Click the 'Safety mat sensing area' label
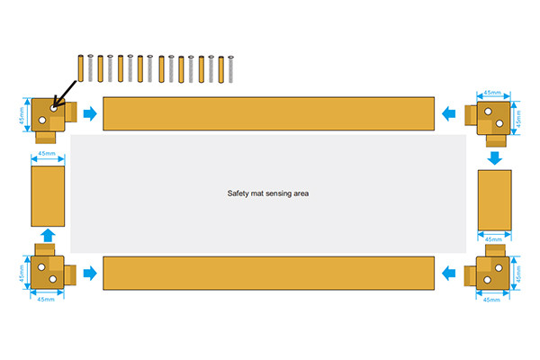point(268,193)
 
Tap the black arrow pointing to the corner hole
point(65,94)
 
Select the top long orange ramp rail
point(268,113)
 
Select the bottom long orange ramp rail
point(268,274)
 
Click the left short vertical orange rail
point(48,196)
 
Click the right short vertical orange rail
point(494,200)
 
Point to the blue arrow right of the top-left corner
point(90,113)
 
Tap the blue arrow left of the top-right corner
point(448,113)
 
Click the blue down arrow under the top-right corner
point(494,158)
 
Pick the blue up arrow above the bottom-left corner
point(48,235)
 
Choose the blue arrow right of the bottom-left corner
point(90,274)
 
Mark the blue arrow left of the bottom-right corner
point(448,274)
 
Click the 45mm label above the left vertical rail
point(47,153)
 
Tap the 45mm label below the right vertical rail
point(493,239)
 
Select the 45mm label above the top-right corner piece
point(492,93)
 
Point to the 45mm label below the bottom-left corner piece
point(46,300)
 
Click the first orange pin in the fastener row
point(81,68)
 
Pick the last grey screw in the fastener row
point(230,69)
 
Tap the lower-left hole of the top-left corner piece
point(42,121)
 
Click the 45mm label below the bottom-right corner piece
point(491,300)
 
